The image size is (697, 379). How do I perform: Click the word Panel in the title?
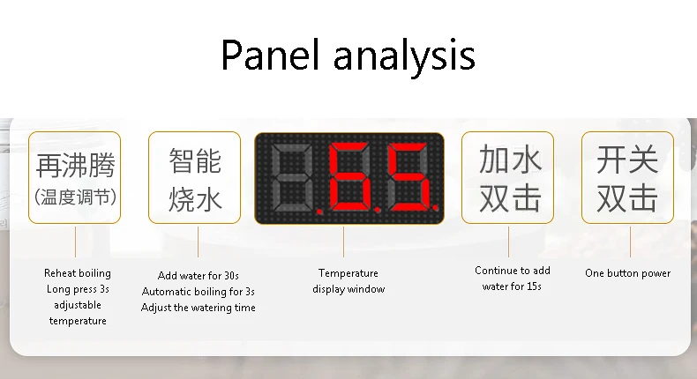pos(270,55)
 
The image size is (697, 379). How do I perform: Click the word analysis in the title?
pos(404,58)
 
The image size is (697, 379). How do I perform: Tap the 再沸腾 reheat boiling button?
pos(75,177)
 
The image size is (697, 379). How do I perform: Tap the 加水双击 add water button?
pos(507,177)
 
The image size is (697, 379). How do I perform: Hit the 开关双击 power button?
pos(627,177)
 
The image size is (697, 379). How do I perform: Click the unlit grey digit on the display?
pos(292,178)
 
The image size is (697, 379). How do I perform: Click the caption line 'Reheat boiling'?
pos(78,273)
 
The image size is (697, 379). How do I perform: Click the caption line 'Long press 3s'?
pos(78,289)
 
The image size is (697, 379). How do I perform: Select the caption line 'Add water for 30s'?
pos(199,276)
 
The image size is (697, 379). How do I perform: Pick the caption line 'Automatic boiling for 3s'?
pos(199,292)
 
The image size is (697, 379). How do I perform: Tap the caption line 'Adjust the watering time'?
pos(199,308)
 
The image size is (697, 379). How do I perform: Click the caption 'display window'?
pos(348,289)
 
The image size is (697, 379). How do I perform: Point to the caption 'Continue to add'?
pos(513,271)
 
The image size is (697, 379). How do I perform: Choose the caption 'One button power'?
pos(627,273)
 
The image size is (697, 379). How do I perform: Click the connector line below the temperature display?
pos(343,242)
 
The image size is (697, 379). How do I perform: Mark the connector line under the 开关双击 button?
pos(630,242)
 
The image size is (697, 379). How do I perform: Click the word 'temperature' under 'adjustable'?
pos(78,321)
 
